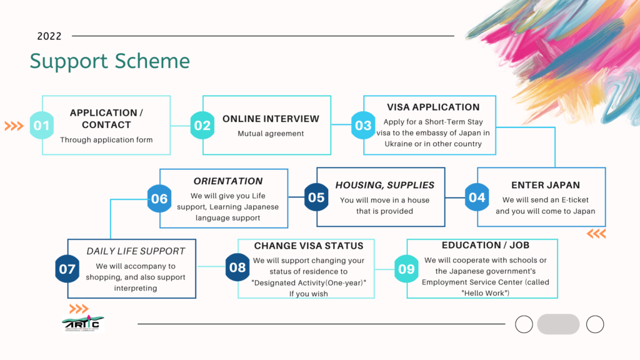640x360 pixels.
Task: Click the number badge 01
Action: coord(42,126)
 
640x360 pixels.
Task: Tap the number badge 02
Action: coord(202,126)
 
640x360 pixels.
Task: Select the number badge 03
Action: coord(363,126)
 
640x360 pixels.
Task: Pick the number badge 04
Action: coord(477,197)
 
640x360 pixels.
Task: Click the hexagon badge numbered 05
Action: coord(316,197)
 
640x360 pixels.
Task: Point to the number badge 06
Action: coord(159,199)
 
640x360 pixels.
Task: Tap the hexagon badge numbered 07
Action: coord(67,269)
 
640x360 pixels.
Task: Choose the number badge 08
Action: coord(237,268)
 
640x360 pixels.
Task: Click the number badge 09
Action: coord(406,269)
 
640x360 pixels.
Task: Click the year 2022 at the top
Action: coord(49,36)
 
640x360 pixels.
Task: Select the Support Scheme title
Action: coord(110,61)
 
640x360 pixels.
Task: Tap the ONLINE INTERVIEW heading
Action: coord(271,119)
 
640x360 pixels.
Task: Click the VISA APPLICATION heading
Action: coord(433,107)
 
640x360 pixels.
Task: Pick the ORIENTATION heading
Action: coord(227,181)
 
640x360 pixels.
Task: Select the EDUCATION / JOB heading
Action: coord(486,245)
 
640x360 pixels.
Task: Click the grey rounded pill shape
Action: coord(558,324)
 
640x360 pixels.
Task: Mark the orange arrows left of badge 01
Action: coord(14,126)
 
